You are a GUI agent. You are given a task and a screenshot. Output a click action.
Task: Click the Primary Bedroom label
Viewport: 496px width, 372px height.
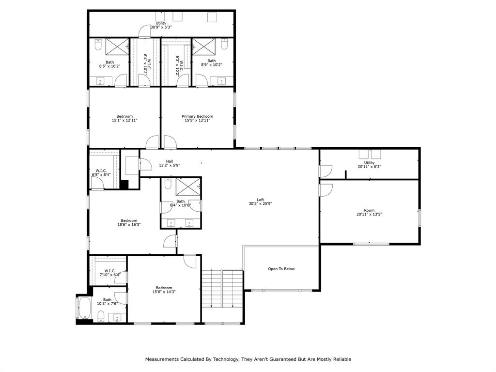[197, 118]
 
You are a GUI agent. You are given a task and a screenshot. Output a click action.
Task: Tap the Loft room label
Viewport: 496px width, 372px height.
[260, 202]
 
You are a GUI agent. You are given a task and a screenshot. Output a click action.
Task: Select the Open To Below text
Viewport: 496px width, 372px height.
[281, 269]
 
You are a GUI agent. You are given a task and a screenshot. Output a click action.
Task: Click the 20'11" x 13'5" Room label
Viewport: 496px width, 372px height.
[369, 212]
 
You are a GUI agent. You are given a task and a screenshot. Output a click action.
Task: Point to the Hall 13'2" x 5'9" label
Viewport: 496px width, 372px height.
[169, 163]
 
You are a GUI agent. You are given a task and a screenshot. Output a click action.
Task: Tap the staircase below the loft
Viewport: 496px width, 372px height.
[222, 289]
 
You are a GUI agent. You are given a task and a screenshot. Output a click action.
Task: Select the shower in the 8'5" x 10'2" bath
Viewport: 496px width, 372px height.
[117, 47]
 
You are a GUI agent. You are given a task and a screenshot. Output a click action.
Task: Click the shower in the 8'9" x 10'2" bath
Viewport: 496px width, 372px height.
[203, 47]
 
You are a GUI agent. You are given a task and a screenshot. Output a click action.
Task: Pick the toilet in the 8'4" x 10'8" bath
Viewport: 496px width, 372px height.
[168, 184]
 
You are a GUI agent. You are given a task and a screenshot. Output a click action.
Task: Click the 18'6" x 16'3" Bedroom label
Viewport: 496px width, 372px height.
[129, 222]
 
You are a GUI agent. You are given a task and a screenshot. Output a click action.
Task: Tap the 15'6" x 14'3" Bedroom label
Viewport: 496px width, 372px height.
[164, 290]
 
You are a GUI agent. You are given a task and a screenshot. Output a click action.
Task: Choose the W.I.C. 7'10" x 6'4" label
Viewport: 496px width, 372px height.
[109, 273]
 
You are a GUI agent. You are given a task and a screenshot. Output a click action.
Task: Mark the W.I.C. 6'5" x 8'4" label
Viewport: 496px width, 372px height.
[101, 172]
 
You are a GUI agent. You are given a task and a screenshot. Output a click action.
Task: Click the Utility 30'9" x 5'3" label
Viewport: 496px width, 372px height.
[161, 25]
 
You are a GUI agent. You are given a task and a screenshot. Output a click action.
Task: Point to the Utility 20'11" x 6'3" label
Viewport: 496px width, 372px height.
[369, 165]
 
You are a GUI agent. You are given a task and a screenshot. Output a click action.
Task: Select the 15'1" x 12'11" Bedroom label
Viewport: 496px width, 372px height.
[124, 118]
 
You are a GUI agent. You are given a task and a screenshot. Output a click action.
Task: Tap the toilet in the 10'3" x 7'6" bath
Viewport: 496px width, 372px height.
[101, 316]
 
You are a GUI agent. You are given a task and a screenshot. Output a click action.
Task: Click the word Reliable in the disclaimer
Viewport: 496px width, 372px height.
[341, 359]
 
